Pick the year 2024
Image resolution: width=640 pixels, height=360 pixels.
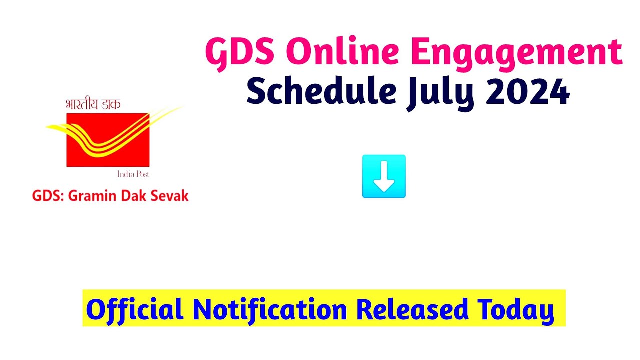click(527, 92)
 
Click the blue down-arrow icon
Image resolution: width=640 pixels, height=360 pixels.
click(384, 176)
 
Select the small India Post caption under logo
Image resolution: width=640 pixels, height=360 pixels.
click(133, 174)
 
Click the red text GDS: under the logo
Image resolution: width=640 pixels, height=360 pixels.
click(48, 196)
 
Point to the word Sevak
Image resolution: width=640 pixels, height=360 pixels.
click(170, 196)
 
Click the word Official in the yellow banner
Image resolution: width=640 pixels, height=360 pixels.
click(135, 310)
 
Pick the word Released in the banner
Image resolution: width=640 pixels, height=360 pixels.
click(412, 310)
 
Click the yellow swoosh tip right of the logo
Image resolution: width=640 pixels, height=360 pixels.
click(177, 108)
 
